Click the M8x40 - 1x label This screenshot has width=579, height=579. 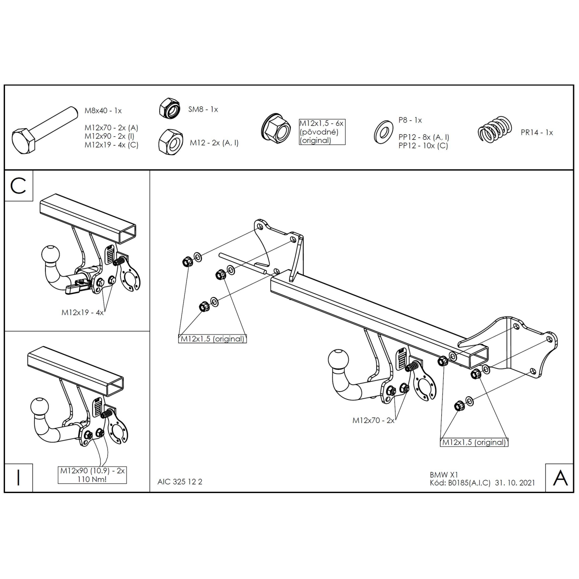point(103,110)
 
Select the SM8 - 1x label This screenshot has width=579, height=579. point(203,109)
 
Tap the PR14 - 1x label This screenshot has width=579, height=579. point(537,132)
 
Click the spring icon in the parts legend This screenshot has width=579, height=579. point(495,129)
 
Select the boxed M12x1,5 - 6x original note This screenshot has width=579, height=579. point(322,132)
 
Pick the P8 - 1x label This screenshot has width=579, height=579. point(410,120)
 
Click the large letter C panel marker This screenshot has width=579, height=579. point(18,186)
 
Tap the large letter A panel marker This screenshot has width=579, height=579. point(560,478)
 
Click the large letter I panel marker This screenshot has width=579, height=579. point(18,477)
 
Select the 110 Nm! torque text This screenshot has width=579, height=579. point(92,479)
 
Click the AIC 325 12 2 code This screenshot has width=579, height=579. point(179,482)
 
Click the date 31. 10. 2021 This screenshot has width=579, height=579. point(515,483)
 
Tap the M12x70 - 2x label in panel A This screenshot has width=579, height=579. point(373,420)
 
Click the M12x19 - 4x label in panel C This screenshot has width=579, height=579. point(82,313)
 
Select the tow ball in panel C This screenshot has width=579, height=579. point(50,256)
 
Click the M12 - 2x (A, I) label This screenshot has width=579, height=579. point(214,143)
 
